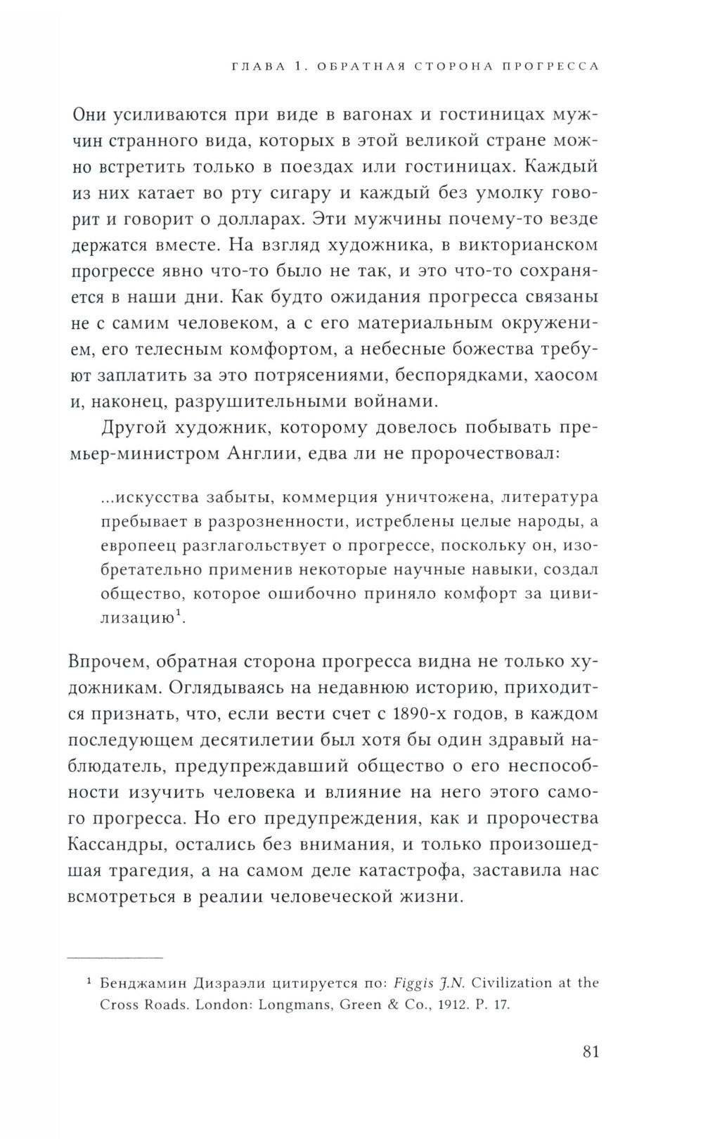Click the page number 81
[591, 1053]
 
